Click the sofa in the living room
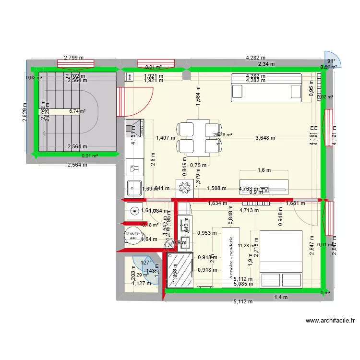click(x=266, y=88)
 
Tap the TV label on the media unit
click(x=265, y=190)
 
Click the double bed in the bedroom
click(x=281, y=259)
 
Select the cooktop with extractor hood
click(x=135, y=128)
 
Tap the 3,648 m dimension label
click(x=265, y=138)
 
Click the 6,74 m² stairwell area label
click(x=77, y=111)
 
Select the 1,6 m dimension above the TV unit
click(x=264, y=170)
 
